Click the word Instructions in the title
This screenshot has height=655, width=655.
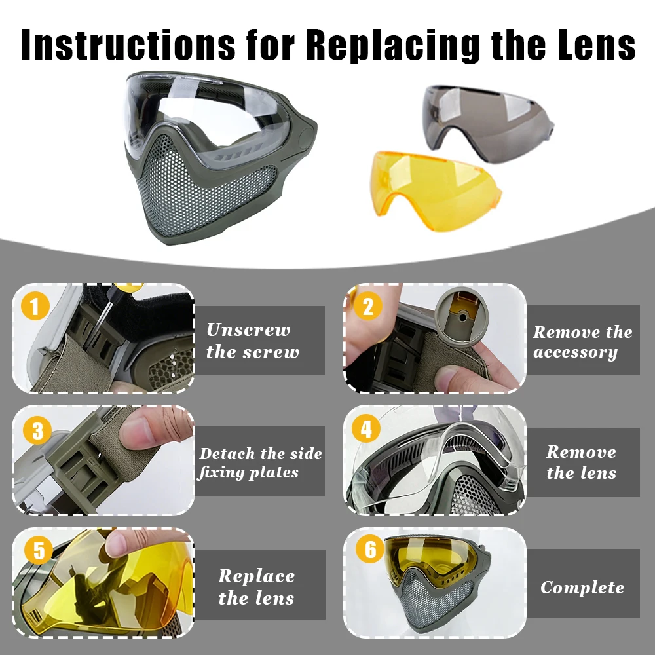[128, 45]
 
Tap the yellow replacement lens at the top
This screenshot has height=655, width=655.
[436, 191]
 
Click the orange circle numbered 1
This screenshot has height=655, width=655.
[35, 306]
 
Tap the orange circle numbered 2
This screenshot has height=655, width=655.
[367, 306]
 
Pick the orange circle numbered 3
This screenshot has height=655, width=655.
[37, 430]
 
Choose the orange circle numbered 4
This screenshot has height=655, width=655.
[366, 428]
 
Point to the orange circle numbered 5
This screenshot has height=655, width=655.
[39, 550]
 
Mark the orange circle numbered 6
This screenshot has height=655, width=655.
[369, 548]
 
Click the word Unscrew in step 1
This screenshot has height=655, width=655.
[248, 329]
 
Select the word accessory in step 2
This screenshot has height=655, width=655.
[575, 352]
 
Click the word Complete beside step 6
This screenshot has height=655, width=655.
[582, 588]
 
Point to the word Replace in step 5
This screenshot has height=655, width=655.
[256, 576]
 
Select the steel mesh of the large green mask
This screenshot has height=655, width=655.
[204, 184]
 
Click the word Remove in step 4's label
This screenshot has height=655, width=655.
[581, 451]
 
